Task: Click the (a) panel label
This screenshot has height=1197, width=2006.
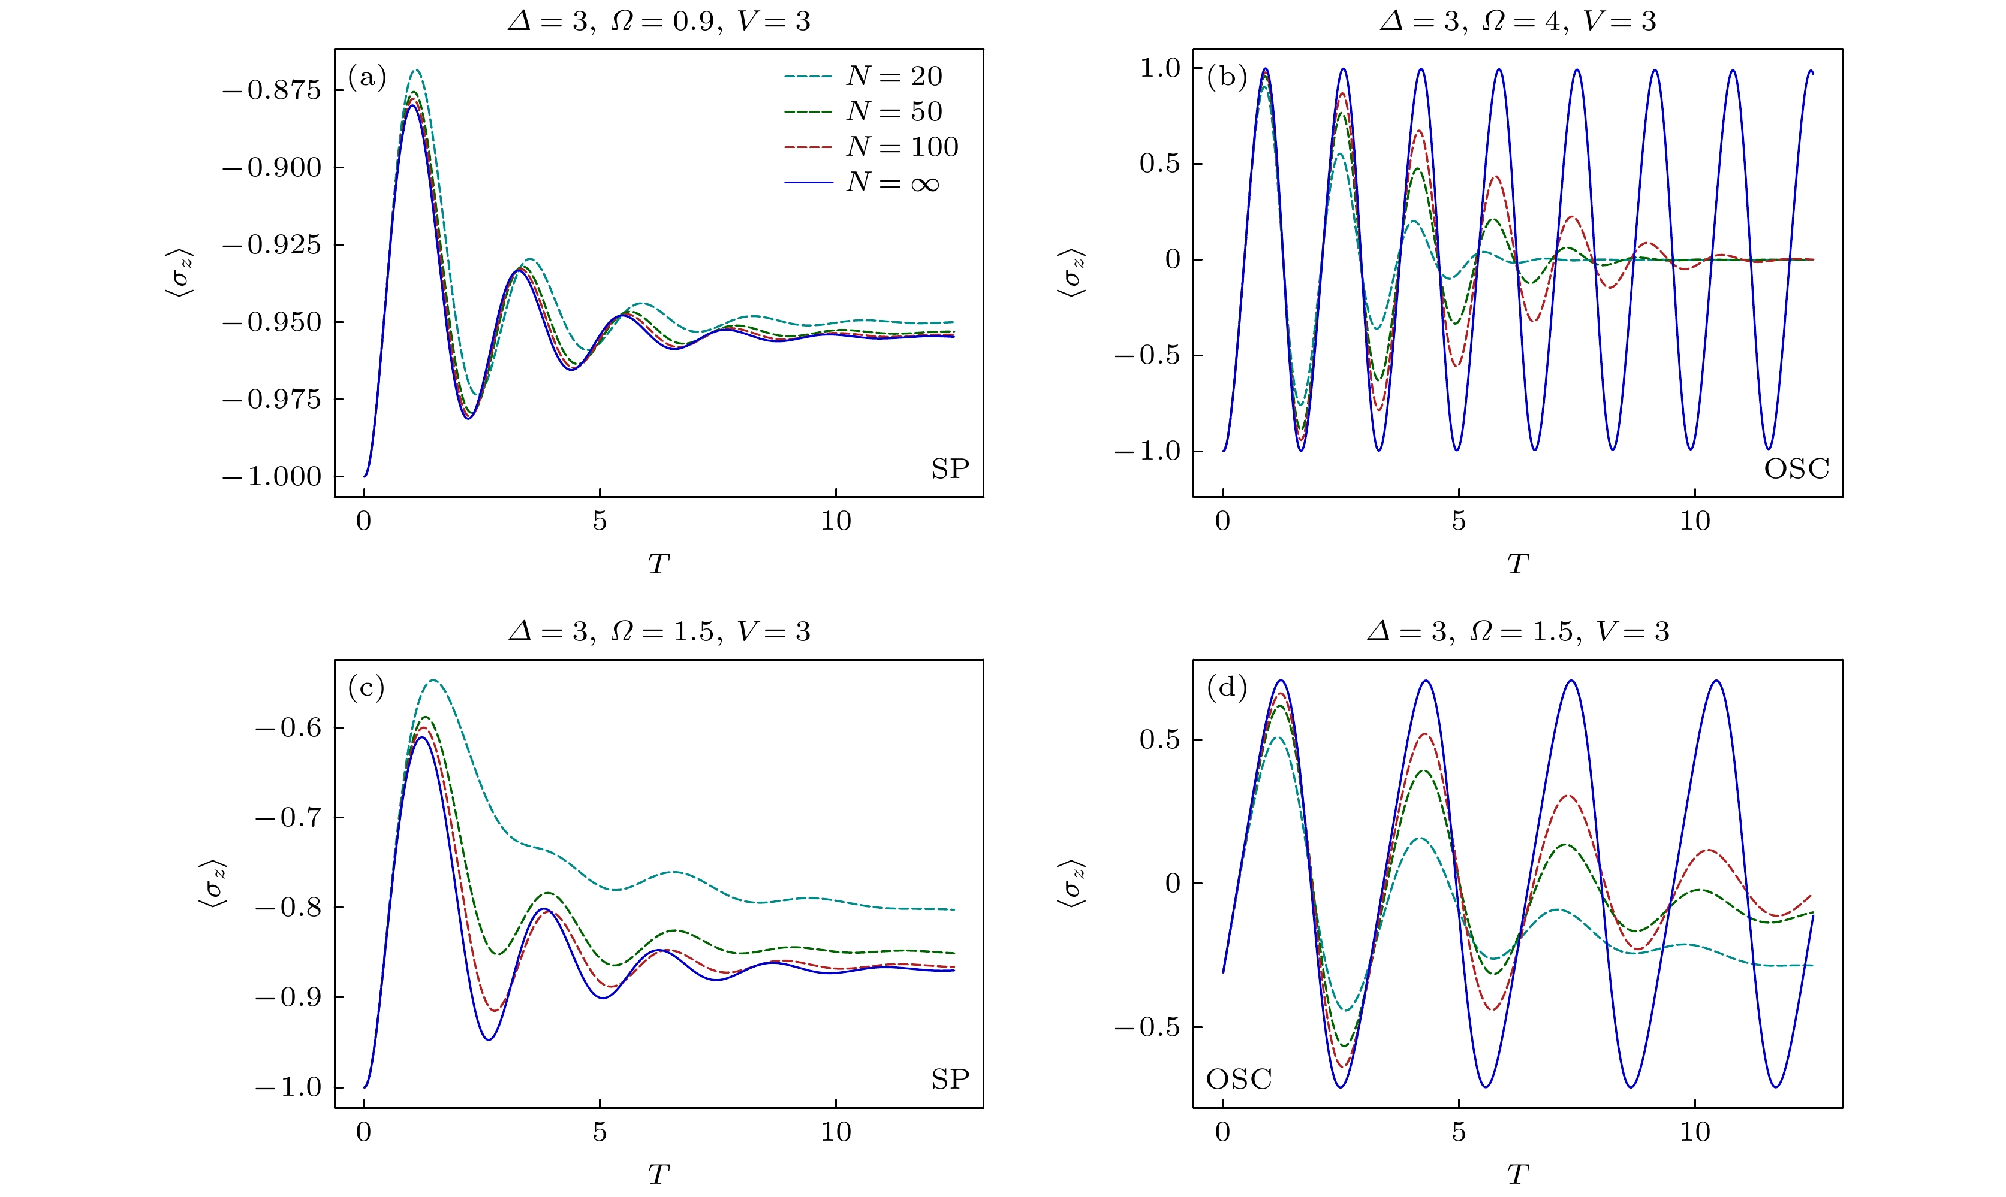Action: (x=367, y=77)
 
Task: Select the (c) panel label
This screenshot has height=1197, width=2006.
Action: (x=366, y=688)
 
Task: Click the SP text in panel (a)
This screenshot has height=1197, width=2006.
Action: (x=950, y=468)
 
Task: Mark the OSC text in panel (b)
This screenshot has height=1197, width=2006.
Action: (x=1796, y=468)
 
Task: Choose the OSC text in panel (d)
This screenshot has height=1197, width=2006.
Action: (x=1239, y=1079)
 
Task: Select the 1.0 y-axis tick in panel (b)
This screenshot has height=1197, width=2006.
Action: (x=1159, y=68)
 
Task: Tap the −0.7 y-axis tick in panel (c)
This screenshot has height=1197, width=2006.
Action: (x=287, y=818)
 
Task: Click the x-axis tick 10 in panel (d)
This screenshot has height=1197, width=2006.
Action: (x=1694, y=1132)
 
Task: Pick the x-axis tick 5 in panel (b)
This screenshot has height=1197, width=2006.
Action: (x=1458, y=522)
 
